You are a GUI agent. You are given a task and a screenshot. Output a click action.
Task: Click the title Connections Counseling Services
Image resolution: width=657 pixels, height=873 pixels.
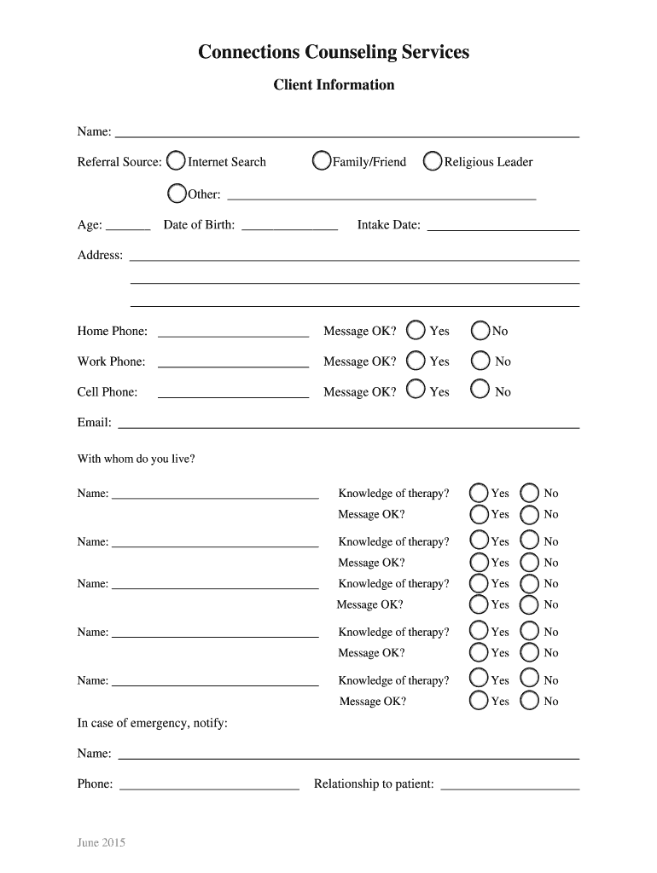334,53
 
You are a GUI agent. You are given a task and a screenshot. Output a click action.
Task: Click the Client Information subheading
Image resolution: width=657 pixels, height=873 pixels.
334,85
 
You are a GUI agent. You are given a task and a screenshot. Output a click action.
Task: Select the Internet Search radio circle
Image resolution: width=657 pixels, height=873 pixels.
176,161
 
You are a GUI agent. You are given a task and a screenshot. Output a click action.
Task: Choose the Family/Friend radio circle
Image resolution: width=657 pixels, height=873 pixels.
322,161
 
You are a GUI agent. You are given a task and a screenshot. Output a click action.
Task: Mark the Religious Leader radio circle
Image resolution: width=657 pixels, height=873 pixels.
433,161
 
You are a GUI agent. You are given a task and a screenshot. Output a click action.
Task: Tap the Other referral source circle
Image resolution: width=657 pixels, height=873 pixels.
177,194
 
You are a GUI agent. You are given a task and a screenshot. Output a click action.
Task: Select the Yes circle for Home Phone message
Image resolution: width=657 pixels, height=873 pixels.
416,330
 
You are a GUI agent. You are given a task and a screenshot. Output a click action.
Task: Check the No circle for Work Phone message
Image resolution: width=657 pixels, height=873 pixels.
481,361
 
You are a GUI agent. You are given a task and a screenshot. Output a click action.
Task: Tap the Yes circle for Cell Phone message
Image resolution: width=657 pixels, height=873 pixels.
416,390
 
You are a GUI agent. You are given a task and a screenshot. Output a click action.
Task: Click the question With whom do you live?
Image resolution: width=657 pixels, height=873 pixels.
137,459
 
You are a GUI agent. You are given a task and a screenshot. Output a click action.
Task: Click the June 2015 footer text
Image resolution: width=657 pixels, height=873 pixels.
102,843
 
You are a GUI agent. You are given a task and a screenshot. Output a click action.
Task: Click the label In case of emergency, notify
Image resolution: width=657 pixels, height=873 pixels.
153,723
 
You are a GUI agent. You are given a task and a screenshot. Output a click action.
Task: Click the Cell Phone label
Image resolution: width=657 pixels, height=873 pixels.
108,392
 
